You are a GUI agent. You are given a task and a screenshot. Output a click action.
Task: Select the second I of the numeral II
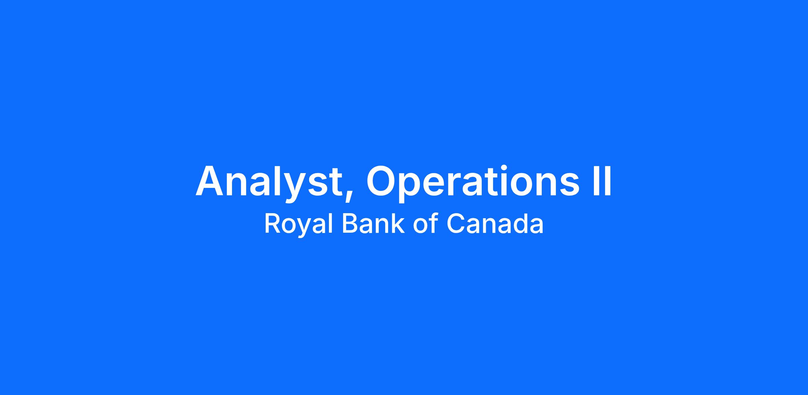[x=607, y=180]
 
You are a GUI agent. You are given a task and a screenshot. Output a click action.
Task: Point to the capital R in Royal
[x=272, y=224]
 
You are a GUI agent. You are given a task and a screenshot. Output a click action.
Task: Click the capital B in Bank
[x=350, y=224]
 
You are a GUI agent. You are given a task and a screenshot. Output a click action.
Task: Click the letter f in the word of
[x=433, y=223]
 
